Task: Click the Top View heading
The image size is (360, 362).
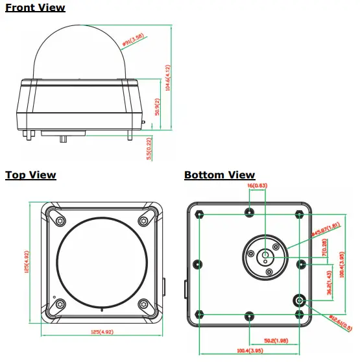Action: pyautogui.click(x=30, y=175)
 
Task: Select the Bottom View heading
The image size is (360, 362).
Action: pyautogui.click(x=219, y=175)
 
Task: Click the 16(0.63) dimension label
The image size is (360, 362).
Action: pyautogui.click(x=258, y=187)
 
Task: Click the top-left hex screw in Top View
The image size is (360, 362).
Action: pyautogui.click(x=61, y=220)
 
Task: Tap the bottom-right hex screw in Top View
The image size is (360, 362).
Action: pyautogui.click(x=143, y=302)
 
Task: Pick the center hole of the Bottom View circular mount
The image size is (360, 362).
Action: pyautogui.click(x=266, y=256)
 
